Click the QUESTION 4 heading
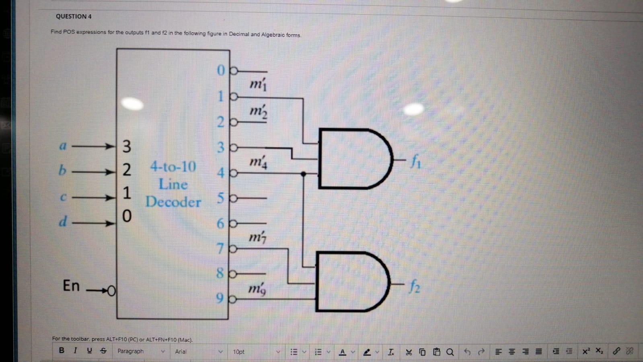pos(74,17)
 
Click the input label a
pos(63,146)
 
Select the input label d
pos(63,221)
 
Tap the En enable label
pos(71,285)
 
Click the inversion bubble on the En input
pos(111,290)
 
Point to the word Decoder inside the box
pos(173,202)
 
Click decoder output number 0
pos(221,70)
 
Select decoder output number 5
pos(221,198)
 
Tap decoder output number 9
pos(220,298)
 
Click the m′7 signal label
pos(257,238)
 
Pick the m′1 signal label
pos(258,85)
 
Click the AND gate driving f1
pos(354,159)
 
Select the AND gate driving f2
pos(352,281)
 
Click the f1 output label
pos(415,162)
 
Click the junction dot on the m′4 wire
pos(304,174)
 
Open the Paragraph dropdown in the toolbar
pos(141,352)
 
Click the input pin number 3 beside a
pos(127,146)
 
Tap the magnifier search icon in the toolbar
pos(450,352)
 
